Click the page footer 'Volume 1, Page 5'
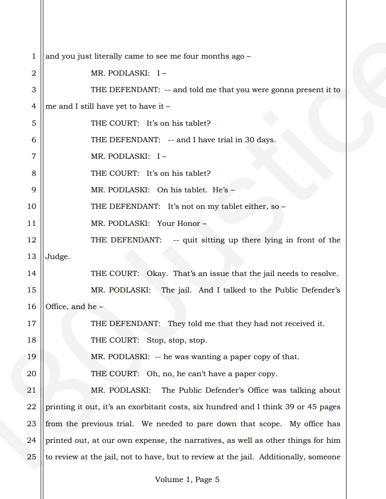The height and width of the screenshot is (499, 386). tap(187, 480)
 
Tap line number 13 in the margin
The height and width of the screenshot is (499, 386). tap(32, 257)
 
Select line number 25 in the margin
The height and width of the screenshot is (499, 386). tap(32, 457)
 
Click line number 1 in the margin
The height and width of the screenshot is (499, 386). tap(34, 56)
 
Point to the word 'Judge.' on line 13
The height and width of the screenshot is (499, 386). tap(57, 257)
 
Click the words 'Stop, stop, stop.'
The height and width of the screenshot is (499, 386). tap(176, 340)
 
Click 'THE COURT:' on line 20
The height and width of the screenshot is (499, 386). tap(115, 374)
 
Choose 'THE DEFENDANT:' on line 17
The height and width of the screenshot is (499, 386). tap(125, 324)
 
